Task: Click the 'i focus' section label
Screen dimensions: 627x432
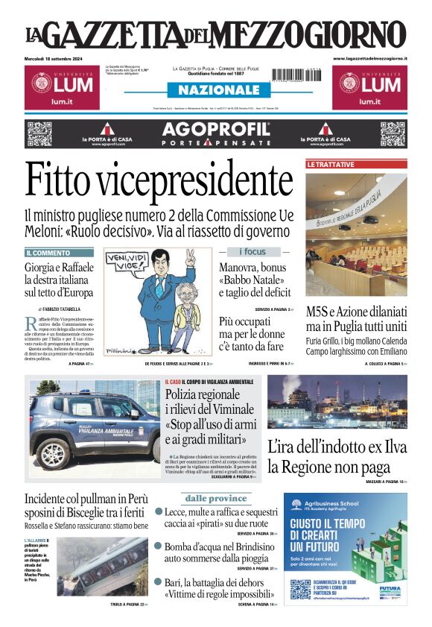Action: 252,252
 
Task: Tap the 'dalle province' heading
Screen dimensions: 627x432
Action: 215,498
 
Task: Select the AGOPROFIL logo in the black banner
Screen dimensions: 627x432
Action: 215,127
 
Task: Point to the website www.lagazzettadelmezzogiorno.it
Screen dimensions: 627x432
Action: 370,58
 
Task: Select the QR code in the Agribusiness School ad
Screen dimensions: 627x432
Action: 300,589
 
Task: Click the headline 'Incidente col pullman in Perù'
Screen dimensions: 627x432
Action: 86,498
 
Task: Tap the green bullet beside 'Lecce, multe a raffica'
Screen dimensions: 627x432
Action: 159,511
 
